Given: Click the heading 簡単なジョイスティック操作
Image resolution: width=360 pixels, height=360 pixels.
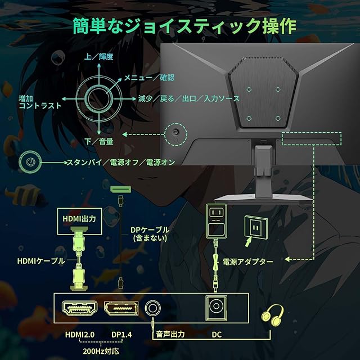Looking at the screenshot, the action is [x=183, y=26].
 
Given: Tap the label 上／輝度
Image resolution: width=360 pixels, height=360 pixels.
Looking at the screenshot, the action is [x=99, y=57].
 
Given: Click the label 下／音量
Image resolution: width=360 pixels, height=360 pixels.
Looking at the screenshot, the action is [x=99, y=141].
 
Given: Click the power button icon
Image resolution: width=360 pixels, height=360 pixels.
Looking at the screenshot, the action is [x=30, y=163].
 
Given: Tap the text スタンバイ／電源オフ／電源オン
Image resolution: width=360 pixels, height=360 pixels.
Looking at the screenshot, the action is [x=120, y=163].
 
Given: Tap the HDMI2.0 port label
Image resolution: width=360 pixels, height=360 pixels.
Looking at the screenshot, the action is [x=78, y=334].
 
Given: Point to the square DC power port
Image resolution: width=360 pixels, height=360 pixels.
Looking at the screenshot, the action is [x=215, y=308].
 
